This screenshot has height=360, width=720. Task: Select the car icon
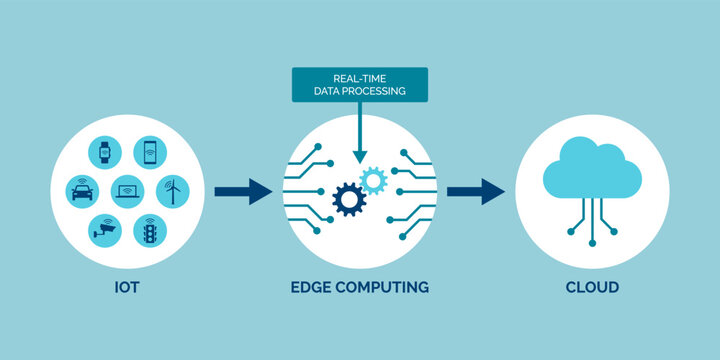(x=82, y=191)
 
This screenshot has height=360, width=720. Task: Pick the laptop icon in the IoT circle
(x=127, y=190)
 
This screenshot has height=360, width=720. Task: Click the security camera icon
(x=104, y=229)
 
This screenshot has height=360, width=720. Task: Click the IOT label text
(x=126, y=288)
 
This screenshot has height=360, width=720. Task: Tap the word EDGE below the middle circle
(x=312, y=288)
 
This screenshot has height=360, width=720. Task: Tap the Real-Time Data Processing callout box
(x=360, y=84)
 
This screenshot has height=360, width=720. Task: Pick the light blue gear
(x=374, y=180)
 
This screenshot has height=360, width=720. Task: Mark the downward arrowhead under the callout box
(x=359, y=155)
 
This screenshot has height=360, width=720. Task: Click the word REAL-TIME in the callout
(x=360, y=78)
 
